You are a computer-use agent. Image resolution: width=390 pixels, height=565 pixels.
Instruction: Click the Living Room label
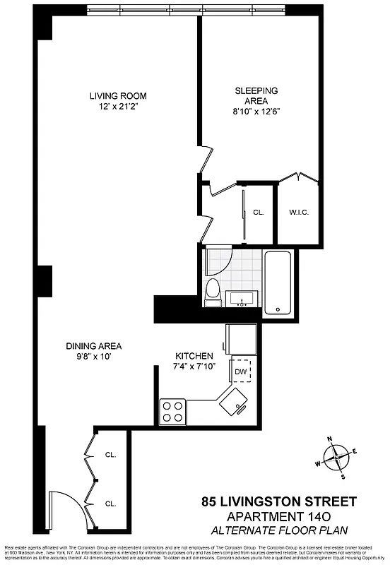coord(118,96)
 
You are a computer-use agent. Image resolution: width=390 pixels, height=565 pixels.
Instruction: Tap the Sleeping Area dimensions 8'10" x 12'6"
coord(256,111)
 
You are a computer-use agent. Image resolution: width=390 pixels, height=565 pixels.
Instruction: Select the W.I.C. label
coord(299,212)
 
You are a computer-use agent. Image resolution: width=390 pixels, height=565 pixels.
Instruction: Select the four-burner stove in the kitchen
coord(172,411)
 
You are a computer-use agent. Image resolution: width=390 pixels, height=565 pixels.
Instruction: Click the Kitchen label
coord(194,355)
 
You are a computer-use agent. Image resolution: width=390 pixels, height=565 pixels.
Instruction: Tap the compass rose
coord(338,458)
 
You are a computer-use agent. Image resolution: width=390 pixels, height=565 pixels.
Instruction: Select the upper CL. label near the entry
coord(111,455)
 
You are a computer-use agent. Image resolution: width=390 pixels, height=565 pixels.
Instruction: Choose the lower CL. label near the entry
coord(111,504)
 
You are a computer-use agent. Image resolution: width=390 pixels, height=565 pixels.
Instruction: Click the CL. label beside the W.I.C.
coord(259,212)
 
